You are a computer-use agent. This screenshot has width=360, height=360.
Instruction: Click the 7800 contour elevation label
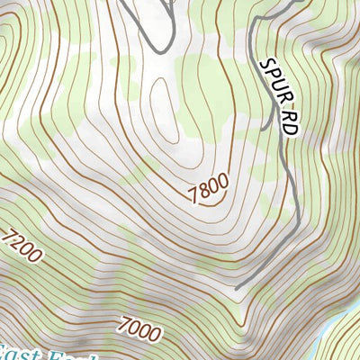coord(209,186)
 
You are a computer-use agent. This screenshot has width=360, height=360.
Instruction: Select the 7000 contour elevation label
coord(139,328)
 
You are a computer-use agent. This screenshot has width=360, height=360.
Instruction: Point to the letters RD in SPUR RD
coord(287,122)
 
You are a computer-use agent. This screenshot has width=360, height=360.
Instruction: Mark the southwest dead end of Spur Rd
coord(237,288)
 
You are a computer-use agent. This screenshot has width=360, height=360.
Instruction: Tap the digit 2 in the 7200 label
coord(17,243)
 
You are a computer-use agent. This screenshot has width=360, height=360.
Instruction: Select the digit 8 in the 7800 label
coord(204,189)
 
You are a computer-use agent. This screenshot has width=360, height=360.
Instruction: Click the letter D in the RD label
coord(289,128)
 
